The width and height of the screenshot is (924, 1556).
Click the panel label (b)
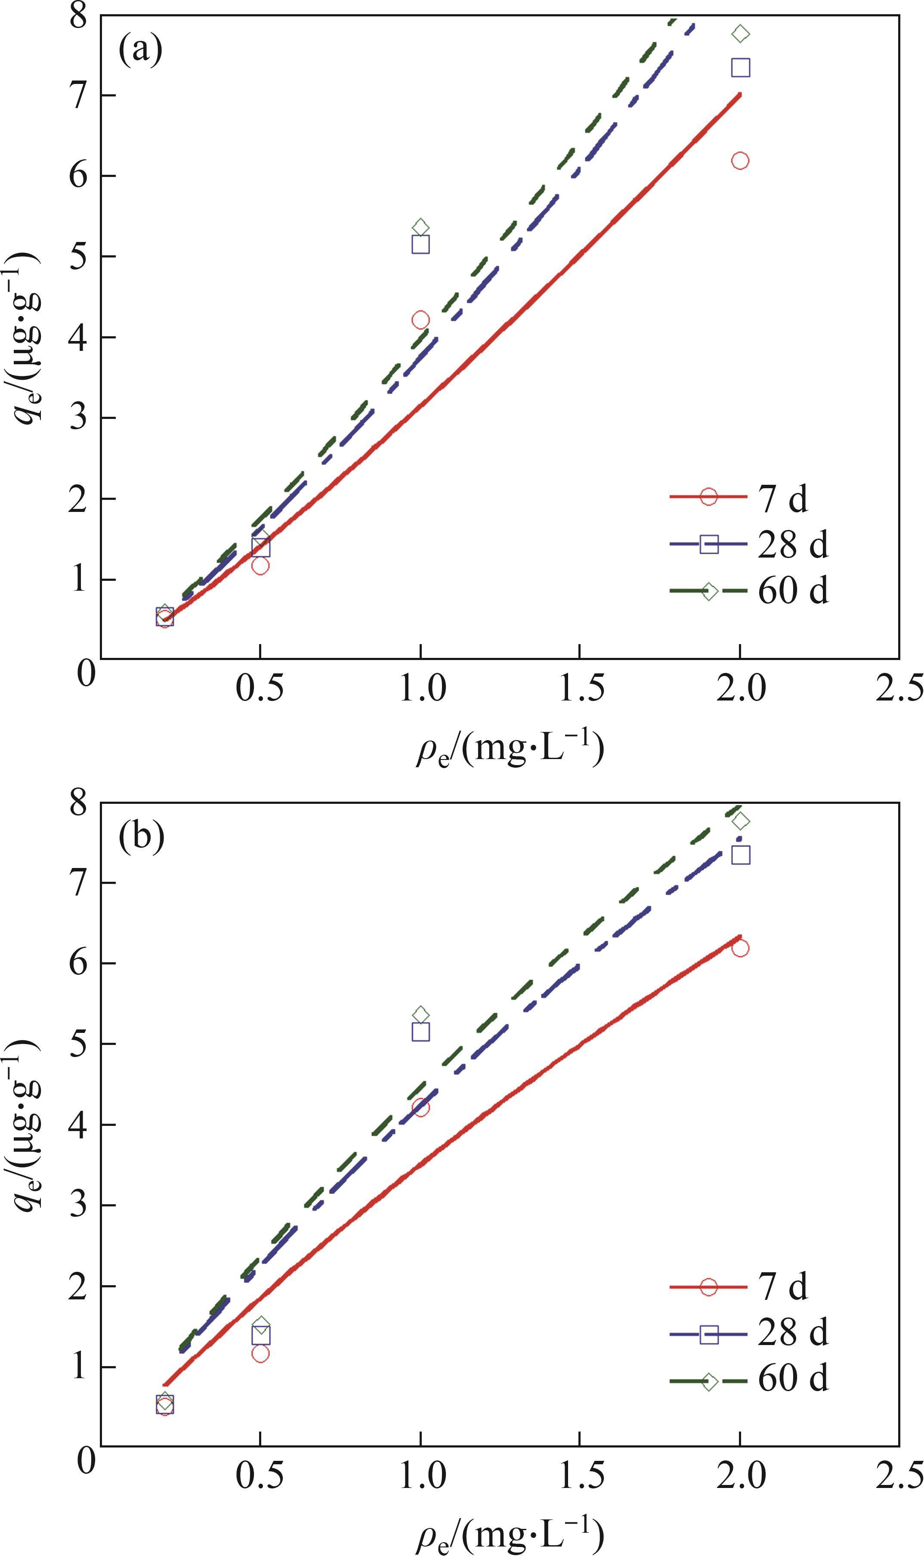(x=141, y=837)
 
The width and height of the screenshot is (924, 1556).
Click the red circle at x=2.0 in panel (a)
(x=740, y=161)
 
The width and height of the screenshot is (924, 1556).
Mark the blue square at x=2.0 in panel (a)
(x=740, y=67)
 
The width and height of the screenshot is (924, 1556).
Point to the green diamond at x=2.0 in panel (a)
(x=740, y=34)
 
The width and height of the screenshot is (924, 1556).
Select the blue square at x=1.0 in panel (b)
(x=420, y=1032)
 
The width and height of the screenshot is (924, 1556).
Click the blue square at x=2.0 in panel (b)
(x=740, y=855)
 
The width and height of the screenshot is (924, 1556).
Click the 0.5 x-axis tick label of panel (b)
(x=260, y=1472)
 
